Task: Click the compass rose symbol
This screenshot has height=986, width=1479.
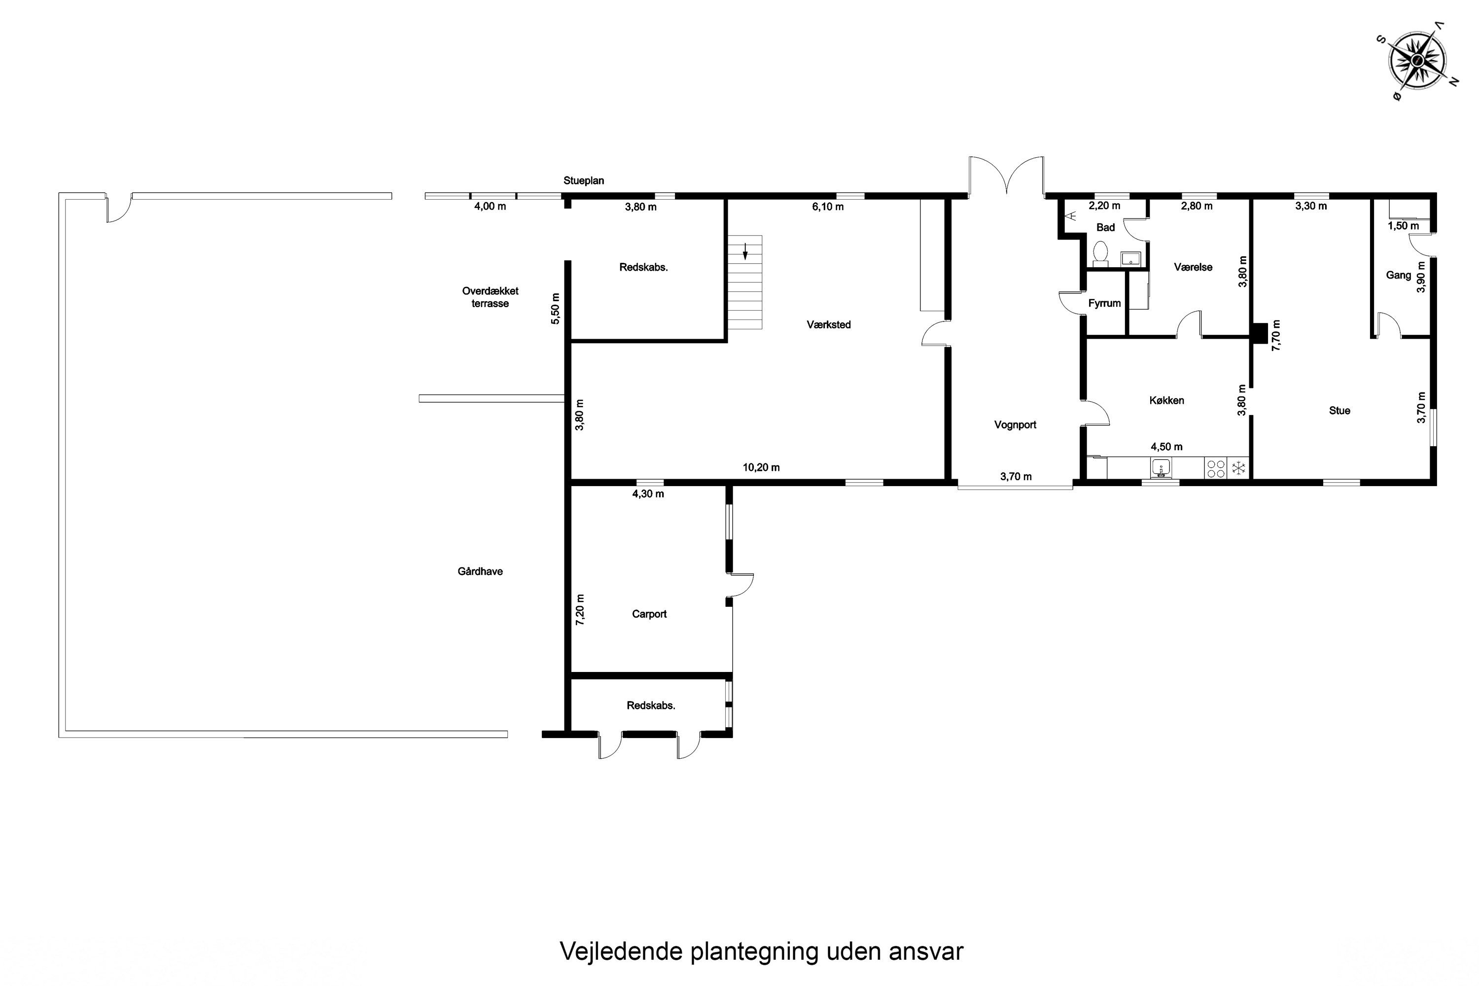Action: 1417,60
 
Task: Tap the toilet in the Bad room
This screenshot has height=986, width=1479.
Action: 1100,253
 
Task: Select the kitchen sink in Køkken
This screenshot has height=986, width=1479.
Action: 1161,468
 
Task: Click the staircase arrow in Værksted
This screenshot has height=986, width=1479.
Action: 745,251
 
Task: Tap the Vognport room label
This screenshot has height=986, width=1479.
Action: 1015,425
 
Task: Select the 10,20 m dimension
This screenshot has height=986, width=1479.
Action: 761,468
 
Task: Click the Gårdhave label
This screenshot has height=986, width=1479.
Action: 480,571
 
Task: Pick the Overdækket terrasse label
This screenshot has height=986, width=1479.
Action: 491,297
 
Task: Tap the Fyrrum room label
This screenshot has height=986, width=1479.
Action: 1104,304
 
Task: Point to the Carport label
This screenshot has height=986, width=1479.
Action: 649,614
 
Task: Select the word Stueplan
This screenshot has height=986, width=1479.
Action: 584,181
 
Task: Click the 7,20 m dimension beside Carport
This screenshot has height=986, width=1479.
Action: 580,609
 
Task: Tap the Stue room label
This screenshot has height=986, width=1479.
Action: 1339,411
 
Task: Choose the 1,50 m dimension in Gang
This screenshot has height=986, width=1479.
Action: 1403,226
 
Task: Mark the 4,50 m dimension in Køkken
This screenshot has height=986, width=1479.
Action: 1166,447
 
